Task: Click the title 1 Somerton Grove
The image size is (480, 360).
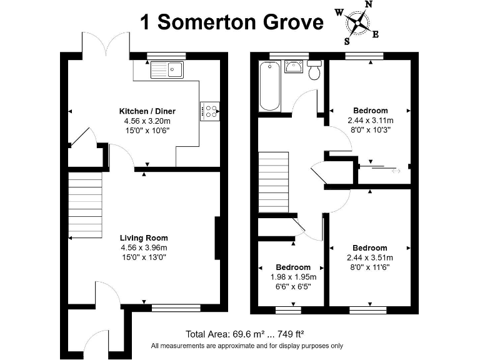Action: coord(232,22)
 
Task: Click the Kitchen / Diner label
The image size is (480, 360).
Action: coord(147,111)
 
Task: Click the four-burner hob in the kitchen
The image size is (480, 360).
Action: coord(210,111)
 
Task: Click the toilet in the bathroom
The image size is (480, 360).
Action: coord(314,71)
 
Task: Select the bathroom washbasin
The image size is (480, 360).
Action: coord(293,66)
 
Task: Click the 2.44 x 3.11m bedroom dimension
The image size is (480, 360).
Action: coord(371,121)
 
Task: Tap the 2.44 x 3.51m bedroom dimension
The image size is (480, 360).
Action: coord(370,257)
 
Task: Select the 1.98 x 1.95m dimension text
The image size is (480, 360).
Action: coord(293,277)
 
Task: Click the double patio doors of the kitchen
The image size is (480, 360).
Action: coord(106,44)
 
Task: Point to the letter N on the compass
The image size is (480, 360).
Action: coord(369,4)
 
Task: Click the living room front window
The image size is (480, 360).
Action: coord(176,307)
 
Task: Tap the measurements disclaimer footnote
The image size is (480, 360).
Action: coord(247,346)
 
